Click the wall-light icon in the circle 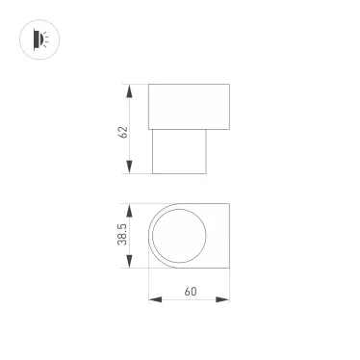[38, 39]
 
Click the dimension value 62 [123, 130]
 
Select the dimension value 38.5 [123, 237]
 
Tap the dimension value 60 [190, 291]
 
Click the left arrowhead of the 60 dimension [153, 299]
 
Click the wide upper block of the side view [190, 106]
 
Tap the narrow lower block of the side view [180, 151]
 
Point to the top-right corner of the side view [229, 85]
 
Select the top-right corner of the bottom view [229, 204]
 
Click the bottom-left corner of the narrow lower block [154, 174]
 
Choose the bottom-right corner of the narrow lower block [206, 174]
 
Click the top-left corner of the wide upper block [149, 85]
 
